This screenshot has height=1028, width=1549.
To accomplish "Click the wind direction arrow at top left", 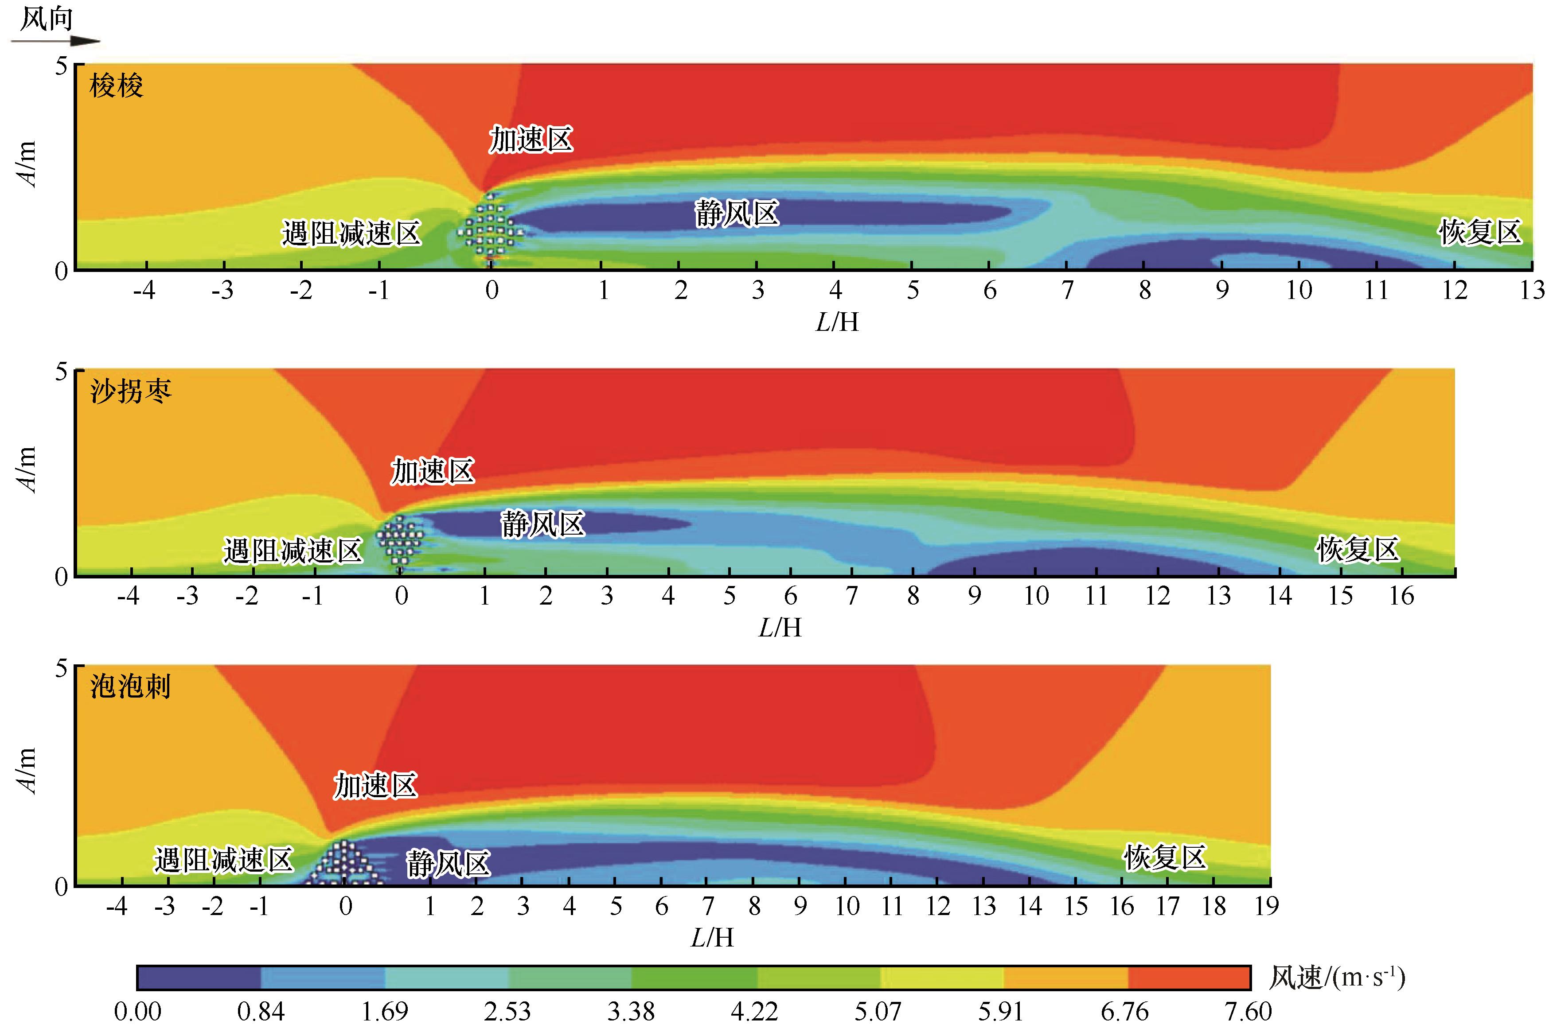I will pos(56,41).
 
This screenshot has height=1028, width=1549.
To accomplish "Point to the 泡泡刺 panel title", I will pos(130,687).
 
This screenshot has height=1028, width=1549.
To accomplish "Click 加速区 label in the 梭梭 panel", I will pos(531,140).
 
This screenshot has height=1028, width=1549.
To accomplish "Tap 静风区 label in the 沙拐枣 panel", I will pos(542,524).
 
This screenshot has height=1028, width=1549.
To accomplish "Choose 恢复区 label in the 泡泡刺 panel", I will pos(1165,857).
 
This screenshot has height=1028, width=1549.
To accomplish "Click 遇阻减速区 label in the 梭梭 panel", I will pos(351,233).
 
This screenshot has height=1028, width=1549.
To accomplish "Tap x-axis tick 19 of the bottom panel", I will pos(1266,906).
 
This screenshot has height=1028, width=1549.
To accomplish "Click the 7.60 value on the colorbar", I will pos(1249,1012).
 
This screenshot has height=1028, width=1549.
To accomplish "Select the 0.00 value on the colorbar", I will pos(138,1012).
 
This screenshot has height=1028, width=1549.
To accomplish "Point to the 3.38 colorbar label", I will pos(631,1012).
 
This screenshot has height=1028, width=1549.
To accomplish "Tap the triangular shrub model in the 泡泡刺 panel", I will pos(343,864).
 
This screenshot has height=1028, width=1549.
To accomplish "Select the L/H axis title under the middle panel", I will pos(780,628).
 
